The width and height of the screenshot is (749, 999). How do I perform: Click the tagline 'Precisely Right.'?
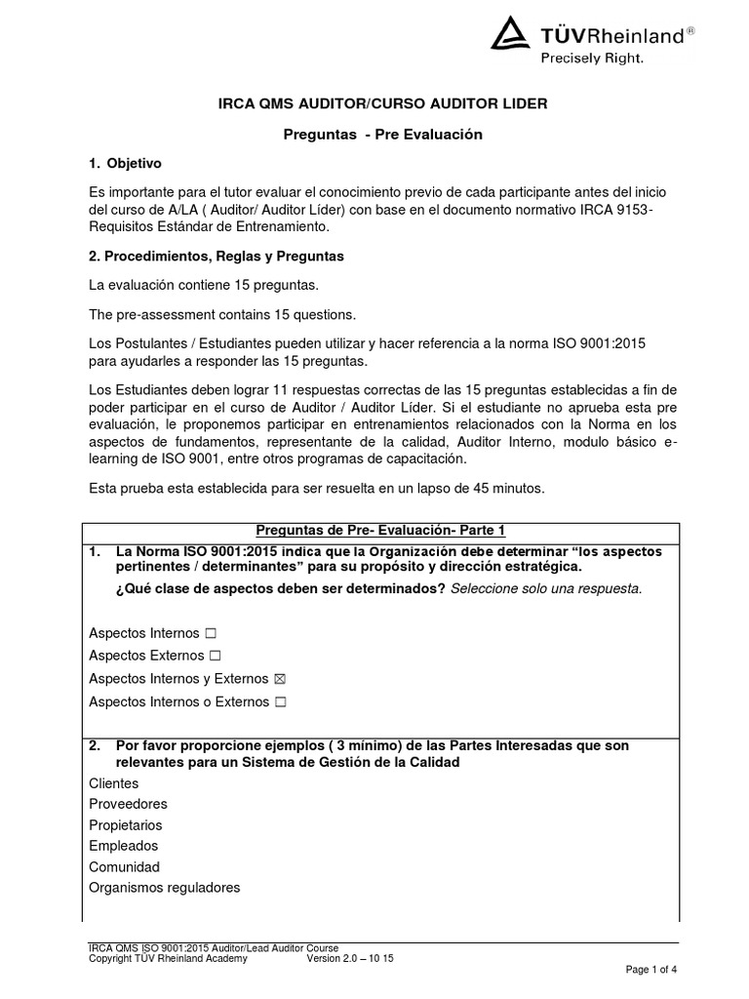click(x=592, y=58)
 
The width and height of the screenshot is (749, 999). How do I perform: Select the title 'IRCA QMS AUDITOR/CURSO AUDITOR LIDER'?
click(x=374, y=103)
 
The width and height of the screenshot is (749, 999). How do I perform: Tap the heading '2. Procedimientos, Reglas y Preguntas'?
click(x=216, y=256)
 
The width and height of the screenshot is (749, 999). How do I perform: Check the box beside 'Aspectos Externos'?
click(x=215, y=656)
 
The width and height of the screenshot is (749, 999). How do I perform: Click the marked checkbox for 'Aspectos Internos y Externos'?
click(x=280, y=679)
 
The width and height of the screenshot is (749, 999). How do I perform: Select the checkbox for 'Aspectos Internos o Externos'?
click(x=280, y=701)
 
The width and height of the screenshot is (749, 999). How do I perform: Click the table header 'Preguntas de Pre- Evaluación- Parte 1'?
click(x=380, y=531)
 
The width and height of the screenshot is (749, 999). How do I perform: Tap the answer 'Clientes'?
click(x=114, y=783)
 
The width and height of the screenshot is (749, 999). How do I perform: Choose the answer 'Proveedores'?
click(x=128, y=804)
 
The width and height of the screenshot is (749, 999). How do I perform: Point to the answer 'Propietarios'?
click(x=127, y=825)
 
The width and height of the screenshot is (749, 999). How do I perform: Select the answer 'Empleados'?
click(x=123, y=846)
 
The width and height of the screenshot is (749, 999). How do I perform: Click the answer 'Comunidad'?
click(x=124, y=867)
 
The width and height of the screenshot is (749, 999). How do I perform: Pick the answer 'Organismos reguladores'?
click(x=164, y=888)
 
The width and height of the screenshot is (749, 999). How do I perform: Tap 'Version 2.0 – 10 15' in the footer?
click(x=350, y=959)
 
